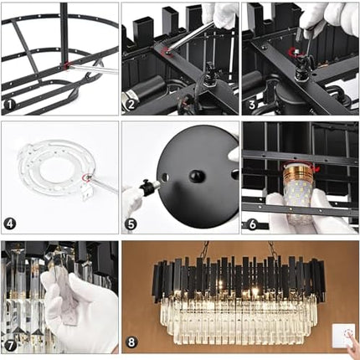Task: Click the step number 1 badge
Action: click(10, 105)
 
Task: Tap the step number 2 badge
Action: click(130, 105)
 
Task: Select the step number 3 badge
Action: click(251, 105)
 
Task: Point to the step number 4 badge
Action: click(10, 224)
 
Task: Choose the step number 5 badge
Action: click(131, 224)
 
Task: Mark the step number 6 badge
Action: click(253, 224)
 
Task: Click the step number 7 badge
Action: click(10, 345)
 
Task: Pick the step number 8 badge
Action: click(131, 342)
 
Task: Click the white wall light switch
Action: click(343, 336)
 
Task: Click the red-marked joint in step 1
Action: click(66, 65)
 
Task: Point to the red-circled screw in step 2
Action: click(167, 51)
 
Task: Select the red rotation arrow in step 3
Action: click(295, 52)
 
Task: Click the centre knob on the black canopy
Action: click(198, 176)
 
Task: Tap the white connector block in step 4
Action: click(88, 192)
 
